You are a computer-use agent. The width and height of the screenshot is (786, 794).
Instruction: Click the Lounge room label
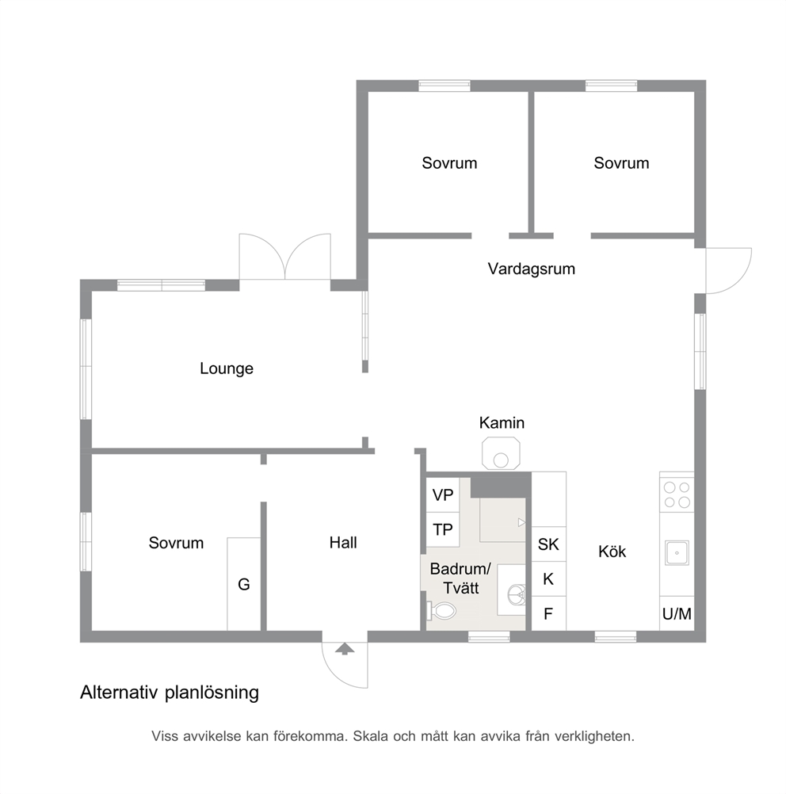(x=227, y=368)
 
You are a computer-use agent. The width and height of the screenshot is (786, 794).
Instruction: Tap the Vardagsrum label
(x=531, y=269)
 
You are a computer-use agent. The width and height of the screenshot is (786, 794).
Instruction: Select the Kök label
(x=612, y=551)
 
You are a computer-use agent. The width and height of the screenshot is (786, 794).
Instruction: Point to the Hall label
(x=343, y=542)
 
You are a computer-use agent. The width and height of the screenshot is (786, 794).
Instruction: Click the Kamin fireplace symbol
(x=501, y=453)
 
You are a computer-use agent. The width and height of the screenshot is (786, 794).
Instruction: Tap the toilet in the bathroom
(x=441, y=611)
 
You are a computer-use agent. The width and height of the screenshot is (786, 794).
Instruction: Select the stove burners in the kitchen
(x=677, y=494)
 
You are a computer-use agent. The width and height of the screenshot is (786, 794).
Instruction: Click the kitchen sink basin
(x=677, y=552)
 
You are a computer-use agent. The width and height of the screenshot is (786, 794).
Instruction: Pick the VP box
(x=443, y=494)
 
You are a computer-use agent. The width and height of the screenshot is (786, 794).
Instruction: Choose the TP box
(x=443, y=529)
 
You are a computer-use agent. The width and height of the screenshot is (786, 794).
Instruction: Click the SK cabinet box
(x=548, y=544)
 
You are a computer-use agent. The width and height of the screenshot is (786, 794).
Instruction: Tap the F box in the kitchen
(x=548, y=614)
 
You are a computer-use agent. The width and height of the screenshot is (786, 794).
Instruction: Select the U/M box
(x=677, y=614)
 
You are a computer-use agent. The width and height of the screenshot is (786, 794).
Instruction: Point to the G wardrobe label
(x=243, y=584)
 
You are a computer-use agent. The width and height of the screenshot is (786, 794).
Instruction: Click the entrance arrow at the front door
(x=345, y=649)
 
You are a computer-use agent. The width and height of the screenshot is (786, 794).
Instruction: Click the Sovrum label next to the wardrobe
(x=176, y=543)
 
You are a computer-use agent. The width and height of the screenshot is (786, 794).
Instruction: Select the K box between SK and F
(x=548, y=578)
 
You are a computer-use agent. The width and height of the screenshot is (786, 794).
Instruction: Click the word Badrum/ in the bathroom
(x=460, y=569)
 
